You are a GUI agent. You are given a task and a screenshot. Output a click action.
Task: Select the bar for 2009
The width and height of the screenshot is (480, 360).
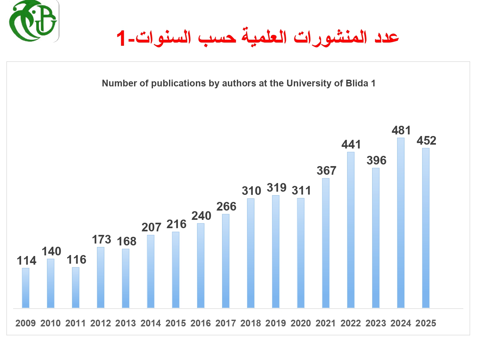26,288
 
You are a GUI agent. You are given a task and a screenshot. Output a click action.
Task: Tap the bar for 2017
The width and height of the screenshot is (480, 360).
226,261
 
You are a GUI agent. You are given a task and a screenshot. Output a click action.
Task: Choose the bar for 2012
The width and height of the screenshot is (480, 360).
100,277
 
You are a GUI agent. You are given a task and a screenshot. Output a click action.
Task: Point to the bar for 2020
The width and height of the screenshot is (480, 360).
301,253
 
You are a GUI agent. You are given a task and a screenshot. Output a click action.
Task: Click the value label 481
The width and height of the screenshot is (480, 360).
401,131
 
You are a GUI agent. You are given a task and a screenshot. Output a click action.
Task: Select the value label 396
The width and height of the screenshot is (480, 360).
376,160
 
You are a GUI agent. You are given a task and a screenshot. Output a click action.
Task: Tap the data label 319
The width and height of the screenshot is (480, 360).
276,188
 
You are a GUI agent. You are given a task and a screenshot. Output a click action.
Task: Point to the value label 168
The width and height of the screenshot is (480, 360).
126,242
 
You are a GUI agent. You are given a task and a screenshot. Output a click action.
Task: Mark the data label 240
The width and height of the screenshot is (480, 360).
201,216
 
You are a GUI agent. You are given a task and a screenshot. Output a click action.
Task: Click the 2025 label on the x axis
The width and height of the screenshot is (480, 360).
426,323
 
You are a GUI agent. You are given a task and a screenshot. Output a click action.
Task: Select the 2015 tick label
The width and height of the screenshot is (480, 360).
176,323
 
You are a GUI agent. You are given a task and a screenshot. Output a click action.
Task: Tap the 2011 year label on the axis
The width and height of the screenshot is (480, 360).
76,323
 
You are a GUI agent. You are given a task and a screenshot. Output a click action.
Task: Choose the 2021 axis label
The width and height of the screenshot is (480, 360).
326,323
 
